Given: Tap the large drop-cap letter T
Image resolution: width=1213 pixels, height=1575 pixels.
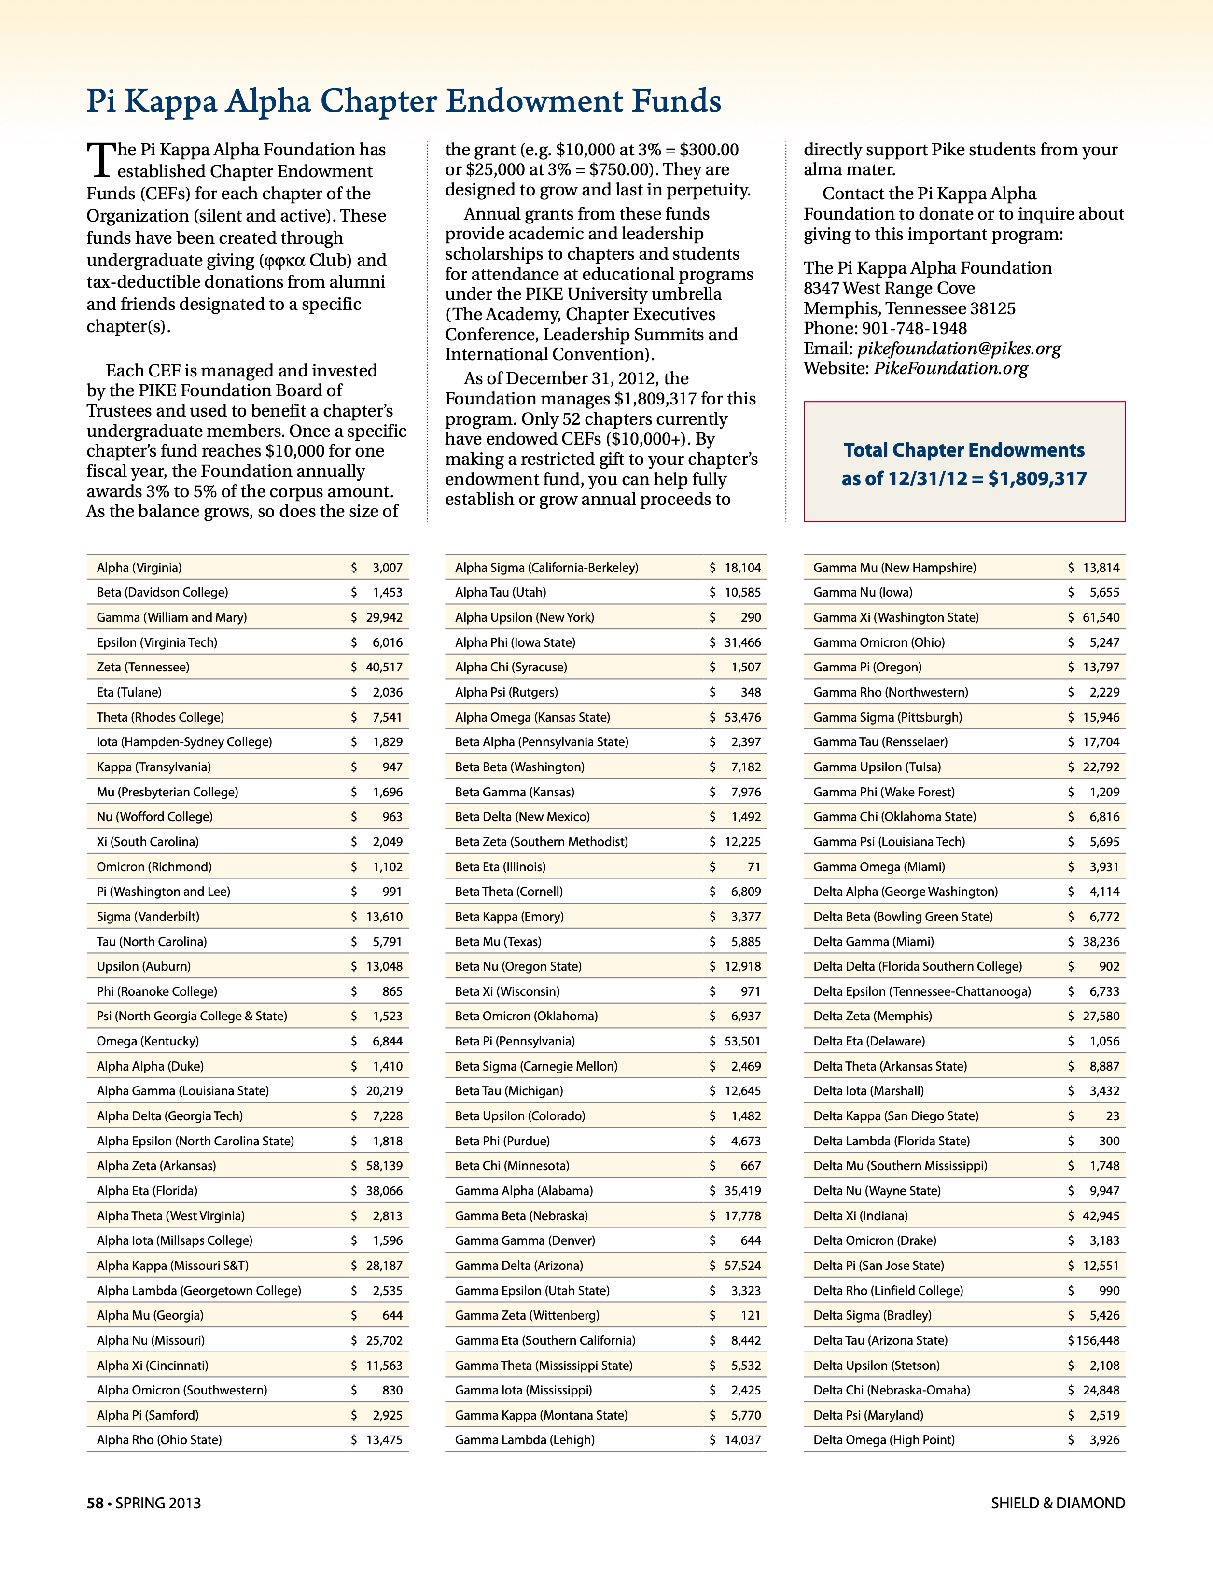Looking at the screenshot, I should point(100,160).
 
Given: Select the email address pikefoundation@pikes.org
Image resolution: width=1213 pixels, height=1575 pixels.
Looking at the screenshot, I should point(959,349).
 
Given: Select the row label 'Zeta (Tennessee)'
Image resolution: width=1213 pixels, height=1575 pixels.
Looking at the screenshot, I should point(143,667).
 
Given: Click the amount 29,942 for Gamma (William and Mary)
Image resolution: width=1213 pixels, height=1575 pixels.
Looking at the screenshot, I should point(384,617).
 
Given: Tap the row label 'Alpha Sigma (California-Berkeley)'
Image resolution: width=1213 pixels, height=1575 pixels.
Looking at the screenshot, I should point(546,568).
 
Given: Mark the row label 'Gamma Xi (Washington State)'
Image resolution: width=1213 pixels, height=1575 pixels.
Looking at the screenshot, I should point(896,617).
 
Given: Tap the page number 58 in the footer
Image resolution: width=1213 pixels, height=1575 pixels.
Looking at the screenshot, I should point(95,1504).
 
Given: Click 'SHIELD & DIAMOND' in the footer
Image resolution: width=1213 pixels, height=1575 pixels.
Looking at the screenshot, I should point(1057,1504).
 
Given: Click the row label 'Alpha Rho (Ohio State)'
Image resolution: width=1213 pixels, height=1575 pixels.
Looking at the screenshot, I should point(159,1440).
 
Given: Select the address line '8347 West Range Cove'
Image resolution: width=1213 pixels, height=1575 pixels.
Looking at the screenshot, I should point(889,289).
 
